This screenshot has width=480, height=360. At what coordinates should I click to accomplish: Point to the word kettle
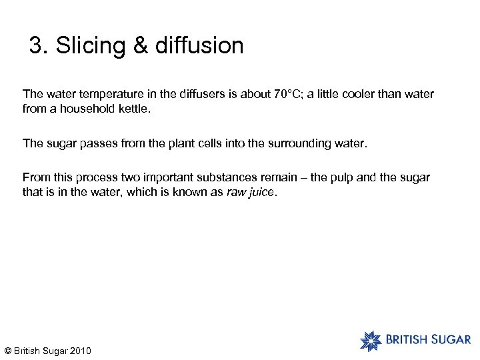pos(134,107)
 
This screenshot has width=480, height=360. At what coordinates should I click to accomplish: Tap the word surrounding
pos(299,143)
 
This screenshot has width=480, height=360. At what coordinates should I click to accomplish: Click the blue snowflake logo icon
pos(371,340)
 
